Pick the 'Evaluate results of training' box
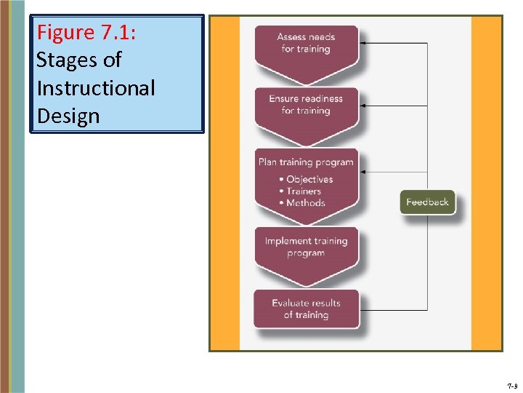click(306, 309)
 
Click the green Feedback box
click(427, 202)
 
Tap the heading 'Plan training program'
click(306, 162)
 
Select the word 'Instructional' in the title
click(95, 88)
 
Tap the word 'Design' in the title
click(68, 116)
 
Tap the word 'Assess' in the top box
click(291, 37)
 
